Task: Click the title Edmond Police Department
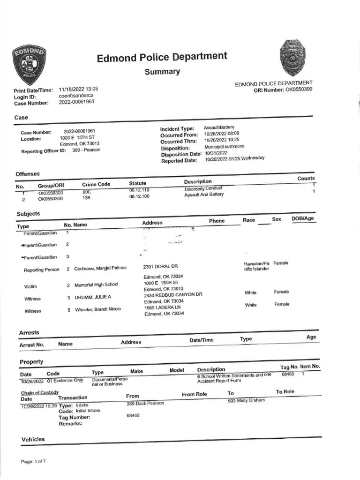coord(162,58)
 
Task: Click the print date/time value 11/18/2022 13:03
coord(78,89)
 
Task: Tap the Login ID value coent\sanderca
coord(75,96)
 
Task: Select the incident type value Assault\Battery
coord(219,127)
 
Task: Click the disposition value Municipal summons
coord(225,146)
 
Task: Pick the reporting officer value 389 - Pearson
coord(86,150)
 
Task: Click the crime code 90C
coord(86,192)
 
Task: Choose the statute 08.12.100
coord(139,197)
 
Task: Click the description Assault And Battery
coord(204,195)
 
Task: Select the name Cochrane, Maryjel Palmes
coord(100,268)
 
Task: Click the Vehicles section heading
coord(33,439)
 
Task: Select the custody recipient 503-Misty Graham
coord(246,400)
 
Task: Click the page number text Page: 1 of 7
coord(33,462)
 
